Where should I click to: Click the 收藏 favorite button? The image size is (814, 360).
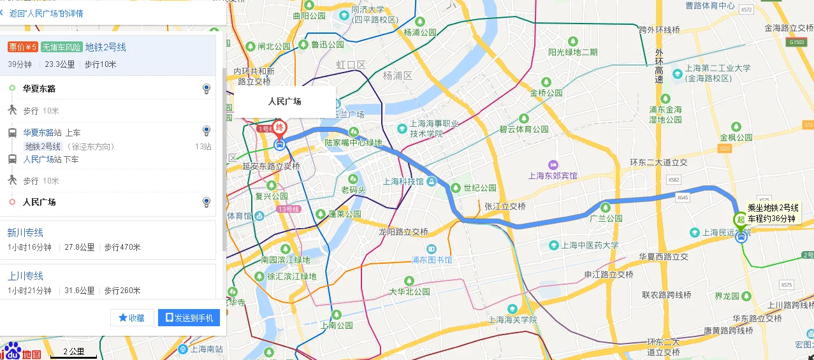tap(132, 317)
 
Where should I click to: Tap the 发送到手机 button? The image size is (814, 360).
tap(189, 317)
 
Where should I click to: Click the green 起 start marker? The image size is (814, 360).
tap(740, 220)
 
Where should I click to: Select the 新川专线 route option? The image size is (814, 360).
tap(25, 233)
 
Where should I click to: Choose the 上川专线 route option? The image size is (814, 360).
tap(25, 276)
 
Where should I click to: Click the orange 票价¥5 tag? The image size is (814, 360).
tap(23, 47)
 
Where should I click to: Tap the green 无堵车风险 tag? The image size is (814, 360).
tap(62, 47)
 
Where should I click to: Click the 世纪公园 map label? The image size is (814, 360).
tap(479, 188)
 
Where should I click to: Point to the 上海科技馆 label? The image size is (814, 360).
tap(403, 182)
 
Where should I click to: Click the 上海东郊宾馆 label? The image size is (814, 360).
tap(553, 175)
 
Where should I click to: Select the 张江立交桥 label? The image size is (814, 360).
tap(505, 206)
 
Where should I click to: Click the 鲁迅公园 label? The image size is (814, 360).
tap(327, 45)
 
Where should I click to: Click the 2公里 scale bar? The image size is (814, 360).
tap(73, 352)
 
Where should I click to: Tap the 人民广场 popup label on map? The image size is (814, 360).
tap(284, 101)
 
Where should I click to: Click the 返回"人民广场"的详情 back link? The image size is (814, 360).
tap(45, 13)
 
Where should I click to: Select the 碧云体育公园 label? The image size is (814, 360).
tap(523, 129)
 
